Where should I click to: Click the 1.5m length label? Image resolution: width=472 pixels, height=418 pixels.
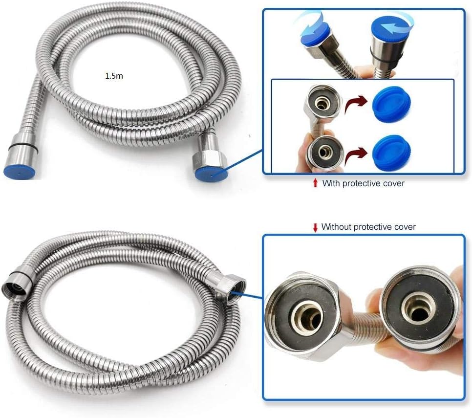pos(114,76)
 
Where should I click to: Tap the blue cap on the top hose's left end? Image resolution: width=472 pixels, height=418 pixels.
pos(19,173)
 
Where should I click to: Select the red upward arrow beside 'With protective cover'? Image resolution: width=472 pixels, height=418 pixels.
pos(315,182)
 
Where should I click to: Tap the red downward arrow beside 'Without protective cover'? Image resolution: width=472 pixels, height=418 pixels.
pos(315,227)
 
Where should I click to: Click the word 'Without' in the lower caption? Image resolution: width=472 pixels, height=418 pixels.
pos(336,226)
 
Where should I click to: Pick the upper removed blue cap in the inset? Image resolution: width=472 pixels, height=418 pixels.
pos(392,103)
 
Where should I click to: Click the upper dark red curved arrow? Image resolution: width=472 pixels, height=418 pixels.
pos(356,105)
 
